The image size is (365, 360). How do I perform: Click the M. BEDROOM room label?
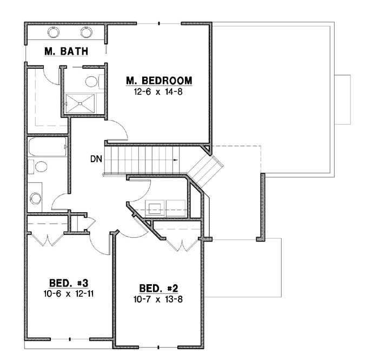[x=158, y=81]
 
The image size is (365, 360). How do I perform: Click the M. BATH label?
[x=67, y=51]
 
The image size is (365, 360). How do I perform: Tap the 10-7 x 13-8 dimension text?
[x=158, y=298]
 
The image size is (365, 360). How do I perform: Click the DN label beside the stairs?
[x=96, y=160]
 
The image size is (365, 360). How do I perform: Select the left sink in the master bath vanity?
[x=54, y=32]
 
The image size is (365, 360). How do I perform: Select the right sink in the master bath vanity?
[x=87, y=32]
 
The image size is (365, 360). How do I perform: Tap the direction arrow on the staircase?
[x=176, y=161]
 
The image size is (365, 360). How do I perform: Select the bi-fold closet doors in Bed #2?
[x=179, y=239]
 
